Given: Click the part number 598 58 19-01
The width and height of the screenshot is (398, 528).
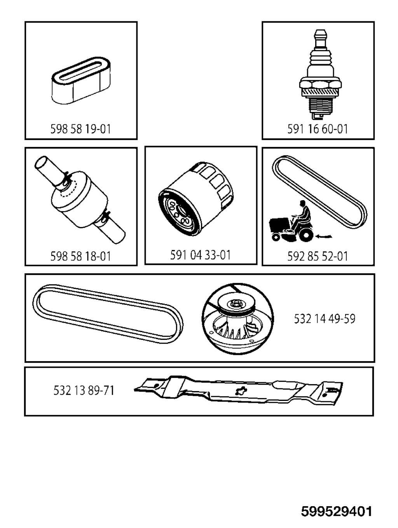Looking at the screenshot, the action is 80,129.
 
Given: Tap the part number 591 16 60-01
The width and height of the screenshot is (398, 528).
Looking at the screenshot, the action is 318,129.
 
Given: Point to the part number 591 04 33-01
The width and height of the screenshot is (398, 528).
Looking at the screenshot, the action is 200,255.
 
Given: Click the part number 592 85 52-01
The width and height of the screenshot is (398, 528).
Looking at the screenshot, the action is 318,257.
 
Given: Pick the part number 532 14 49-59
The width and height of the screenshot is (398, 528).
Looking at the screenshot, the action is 325,319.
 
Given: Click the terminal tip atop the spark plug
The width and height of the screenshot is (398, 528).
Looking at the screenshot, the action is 320,36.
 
